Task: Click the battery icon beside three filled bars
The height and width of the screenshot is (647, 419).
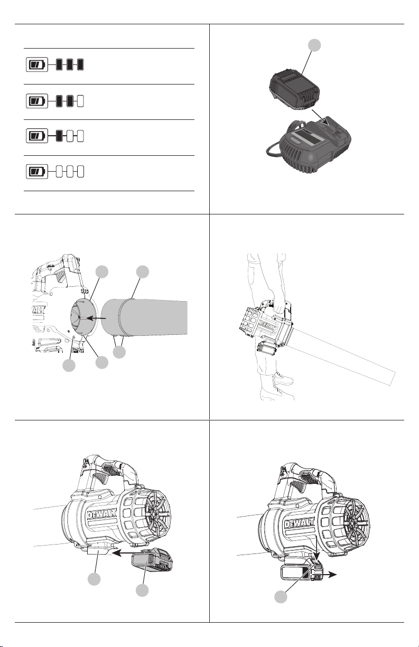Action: pyautogui.click(x=37, y=64)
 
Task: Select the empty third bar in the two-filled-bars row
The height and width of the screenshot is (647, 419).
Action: pyautogui.click(x=81, y=101)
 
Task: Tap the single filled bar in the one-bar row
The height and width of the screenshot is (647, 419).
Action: pyautogui.click(x=59, y=136)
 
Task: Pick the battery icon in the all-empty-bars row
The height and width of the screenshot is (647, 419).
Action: pyautogui.click(x=37, y=172)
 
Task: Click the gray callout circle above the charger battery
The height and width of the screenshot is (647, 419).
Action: pyautogui.click(x=314, y=45)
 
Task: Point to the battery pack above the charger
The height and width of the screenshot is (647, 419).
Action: pyautogui.click(x=294, y=89)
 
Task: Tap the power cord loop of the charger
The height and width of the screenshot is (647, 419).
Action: pyautogui.click(x=274, y=150)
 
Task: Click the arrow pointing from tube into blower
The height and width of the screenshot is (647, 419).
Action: pyautogui.click(x=97, y=318)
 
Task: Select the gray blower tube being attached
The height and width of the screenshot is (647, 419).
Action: pyautogui.click(x=144, y=318)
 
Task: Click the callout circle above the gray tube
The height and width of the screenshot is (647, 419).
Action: pyautogui.click(x=143, y=272)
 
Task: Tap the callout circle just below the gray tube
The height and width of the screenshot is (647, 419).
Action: pyautogui.click(x=119, y=352)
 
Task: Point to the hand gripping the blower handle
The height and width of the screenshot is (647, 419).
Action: pyautogui.click(x=278, y=306)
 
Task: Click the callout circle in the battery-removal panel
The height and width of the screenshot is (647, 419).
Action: pyautogui.click(x=281, y=597)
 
